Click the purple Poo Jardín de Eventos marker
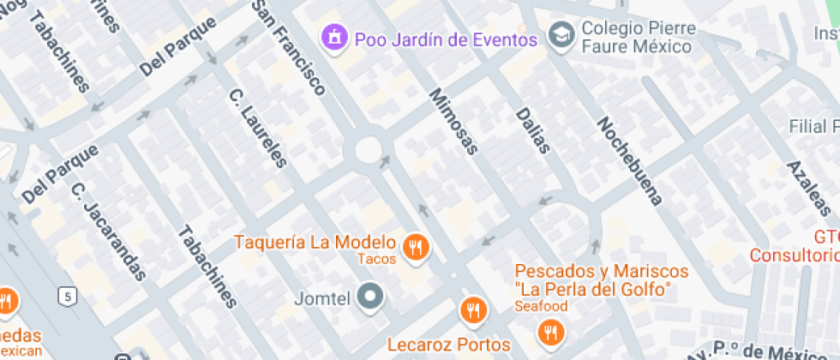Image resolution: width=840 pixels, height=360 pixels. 333,37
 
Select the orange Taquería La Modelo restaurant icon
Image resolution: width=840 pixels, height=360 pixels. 417,247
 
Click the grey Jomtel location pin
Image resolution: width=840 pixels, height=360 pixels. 371,297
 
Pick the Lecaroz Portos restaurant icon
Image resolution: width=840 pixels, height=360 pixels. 472,310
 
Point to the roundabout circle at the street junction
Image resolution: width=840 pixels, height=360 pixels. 368,150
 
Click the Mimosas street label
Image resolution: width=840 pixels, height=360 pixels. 452,121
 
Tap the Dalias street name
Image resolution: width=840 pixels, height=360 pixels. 532,130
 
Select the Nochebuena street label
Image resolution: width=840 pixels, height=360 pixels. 630,161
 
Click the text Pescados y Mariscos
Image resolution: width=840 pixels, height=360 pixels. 602,272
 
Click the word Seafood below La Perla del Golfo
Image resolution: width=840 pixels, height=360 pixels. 541,306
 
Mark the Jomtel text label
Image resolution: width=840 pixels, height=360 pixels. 321,300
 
